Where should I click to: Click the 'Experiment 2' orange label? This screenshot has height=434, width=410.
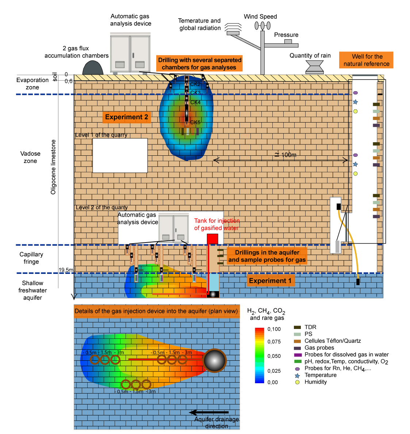pos(127,117)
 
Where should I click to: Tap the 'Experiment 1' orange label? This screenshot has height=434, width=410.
pos(270,280)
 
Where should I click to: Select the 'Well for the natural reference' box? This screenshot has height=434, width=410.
pos(366,60)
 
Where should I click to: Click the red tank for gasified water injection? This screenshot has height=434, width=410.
pos(212,239)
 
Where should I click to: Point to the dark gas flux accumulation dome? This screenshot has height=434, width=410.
pos(93,68)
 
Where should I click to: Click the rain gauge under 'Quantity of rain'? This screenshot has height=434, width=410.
pos(314,67)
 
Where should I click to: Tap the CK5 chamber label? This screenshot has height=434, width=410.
pos(195,122)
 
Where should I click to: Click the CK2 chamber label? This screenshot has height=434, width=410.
pos(195,84)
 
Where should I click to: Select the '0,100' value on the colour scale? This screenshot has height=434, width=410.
pos(274,329)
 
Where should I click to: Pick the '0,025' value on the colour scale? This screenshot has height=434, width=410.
pos(274,371)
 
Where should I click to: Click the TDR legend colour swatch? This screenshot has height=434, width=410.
pos(298,328)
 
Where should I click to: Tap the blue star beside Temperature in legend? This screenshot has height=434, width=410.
pos(297,375)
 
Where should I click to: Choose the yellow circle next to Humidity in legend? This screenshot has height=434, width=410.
pos(297,382)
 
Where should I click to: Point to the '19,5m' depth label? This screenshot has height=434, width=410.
pos(66,270)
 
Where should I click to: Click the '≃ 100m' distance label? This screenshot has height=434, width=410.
pos(286,155)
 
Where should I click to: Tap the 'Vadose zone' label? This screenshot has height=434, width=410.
pos(30,157)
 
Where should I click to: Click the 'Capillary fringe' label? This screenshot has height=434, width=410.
pos(31,258)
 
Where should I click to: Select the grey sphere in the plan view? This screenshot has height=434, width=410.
pos(215,360)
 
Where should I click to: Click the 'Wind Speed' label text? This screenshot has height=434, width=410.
pos(260,16)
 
